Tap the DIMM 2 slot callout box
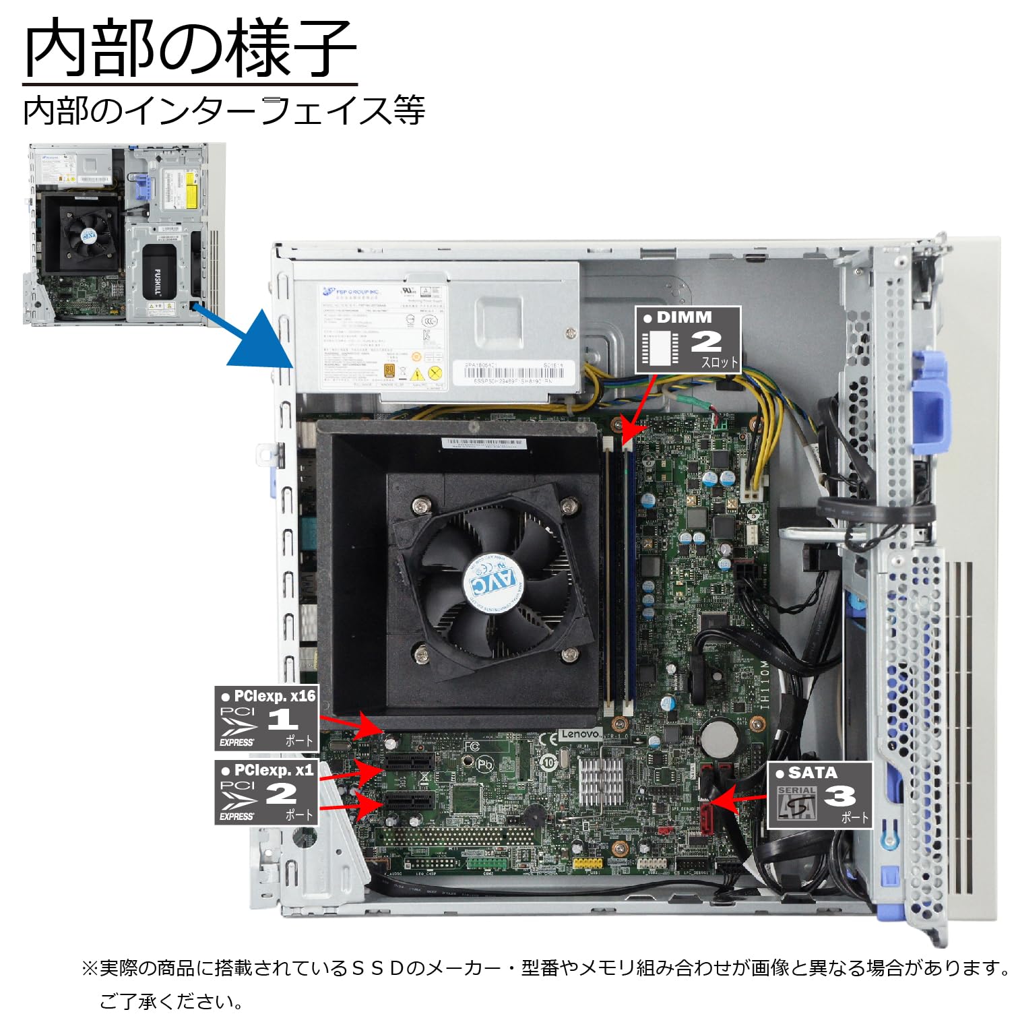point(687,340)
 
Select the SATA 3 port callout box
point(819,795)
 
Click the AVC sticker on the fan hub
point(491,581)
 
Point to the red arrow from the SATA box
point(738,800)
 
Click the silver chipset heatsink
point(601,780)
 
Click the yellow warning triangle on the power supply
point(417,375)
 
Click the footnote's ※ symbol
point(90,969)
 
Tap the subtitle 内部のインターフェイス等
point(224,110)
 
